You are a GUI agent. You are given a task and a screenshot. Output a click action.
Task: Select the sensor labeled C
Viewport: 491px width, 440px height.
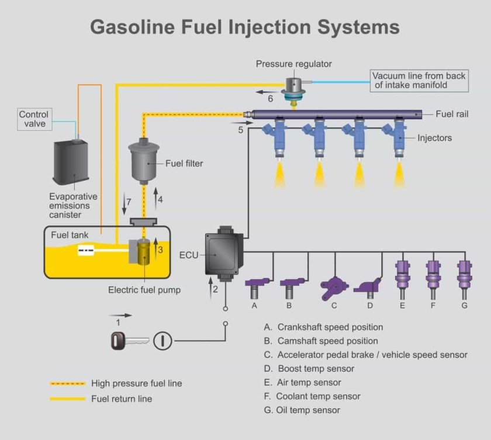[334, 287]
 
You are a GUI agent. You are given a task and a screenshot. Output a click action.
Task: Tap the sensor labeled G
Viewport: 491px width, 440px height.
[464, 274]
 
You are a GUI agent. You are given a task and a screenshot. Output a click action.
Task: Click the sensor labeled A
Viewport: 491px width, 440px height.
[255, 285]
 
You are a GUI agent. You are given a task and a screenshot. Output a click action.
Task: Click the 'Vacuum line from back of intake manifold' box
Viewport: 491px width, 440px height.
[419, 81]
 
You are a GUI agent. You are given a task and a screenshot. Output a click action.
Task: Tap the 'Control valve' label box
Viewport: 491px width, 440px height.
[34, 119]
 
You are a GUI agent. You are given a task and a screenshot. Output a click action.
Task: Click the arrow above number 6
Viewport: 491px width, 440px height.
[267, 91]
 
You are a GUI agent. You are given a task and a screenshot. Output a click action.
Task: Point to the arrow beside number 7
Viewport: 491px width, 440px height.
[123, 205]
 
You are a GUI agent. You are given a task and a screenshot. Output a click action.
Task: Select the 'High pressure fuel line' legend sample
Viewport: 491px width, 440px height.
[68, 384]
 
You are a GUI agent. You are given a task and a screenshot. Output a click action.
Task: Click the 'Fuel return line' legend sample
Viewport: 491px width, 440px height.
[68, 399]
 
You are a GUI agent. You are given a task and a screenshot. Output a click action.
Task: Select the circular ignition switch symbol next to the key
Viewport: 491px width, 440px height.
[162, 341]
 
